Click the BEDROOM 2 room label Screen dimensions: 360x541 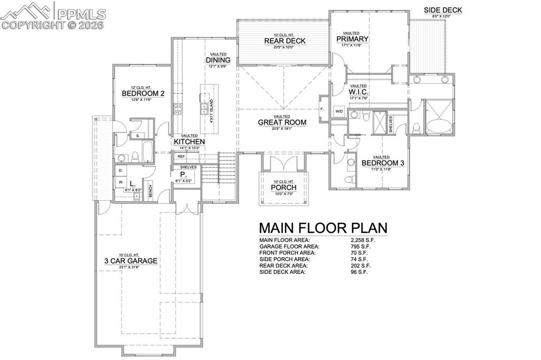click(143, 93)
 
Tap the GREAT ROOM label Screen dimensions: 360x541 click(282, 122)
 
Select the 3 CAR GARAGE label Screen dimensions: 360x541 click(130, 261)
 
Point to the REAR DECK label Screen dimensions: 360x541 click(284, 41)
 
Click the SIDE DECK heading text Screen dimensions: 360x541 click(443, 10)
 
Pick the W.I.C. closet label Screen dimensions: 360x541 click(358, 92)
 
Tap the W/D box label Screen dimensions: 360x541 click(339, 111)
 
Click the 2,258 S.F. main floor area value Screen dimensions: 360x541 click(359, 240)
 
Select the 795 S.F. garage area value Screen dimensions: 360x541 click(359, 247)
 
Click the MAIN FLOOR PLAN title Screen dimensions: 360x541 click(323, 228)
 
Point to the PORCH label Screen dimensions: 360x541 click(284, 188)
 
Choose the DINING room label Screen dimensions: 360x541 click(218, 60)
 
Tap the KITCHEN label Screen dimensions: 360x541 click(189, 142)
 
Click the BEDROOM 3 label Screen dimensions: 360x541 click(383, 163)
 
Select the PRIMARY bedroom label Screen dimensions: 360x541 click(352, 39)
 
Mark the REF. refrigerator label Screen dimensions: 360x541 click(181, 156)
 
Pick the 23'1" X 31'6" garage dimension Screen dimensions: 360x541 click(130, 268)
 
